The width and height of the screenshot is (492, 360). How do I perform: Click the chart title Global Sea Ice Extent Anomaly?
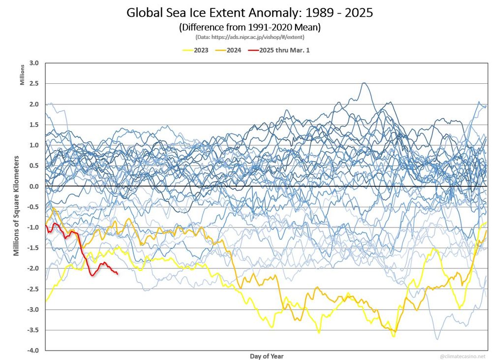pyautogui.click(x=249, y=13)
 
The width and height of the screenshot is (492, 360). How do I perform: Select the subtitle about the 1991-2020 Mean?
pyautogui.click(x=249, y=27)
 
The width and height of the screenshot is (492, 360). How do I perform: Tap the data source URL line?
pyautogui.click(x=249, y=37)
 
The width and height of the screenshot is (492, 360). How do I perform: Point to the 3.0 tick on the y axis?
pyautogui.click(x=34, y=63)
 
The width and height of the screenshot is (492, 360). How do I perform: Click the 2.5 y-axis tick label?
pyautogui.click(x=34, y=84)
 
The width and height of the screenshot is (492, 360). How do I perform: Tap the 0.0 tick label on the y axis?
pyautogui.click(x=34, y=186)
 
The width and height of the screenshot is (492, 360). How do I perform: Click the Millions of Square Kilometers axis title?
pyautogui.click(x=16, y=206)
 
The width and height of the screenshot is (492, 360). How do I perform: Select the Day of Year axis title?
pyautogui.click(x=266, y=356)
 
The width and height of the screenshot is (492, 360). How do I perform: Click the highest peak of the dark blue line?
pyautogui.click(x=364, y=83)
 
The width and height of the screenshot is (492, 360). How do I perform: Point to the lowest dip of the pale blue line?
pyautogui.click(x=436, y=339)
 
